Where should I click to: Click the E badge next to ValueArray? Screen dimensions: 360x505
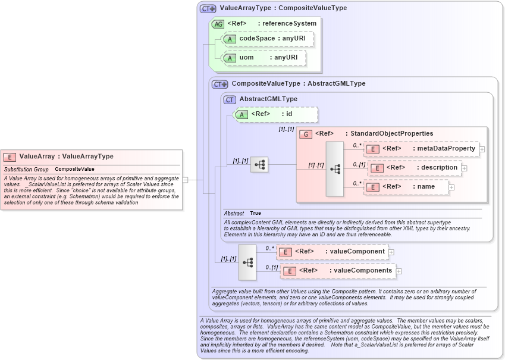click(10, 157)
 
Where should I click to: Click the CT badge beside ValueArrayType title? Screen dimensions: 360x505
click(208, 9)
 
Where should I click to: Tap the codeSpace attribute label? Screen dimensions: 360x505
click(257, 38)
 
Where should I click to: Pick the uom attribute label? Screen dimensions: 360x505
click(246, 58)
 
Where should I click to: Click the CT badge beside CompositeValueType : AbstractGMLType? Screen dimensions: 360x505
click(220, 84)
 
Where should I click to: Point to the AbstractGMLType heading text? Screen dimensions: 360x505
click(268, 99)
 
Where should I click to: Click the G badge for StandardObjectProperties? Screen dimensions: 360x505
click(305, 134)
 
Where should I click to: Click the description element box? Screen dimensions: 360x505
click(415, 168)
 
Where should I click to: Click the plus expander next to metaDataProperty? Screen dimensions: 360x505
click(482, 149)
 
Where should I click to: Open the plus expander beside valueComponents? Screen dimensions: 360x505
click(399, 271)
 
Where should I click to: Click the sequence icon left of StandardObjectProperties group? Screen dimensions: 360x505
click(259, 165)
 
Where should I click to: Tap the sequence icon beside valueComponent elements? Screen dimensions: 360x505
click(247, 262)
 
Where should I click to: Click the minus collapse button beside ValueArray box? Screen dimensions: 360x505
click(185, 179)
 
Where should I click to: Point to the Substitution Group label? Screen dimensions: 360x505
click(26, 170)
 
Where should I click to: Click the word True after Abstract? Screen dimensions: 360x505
click(255, 213)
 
